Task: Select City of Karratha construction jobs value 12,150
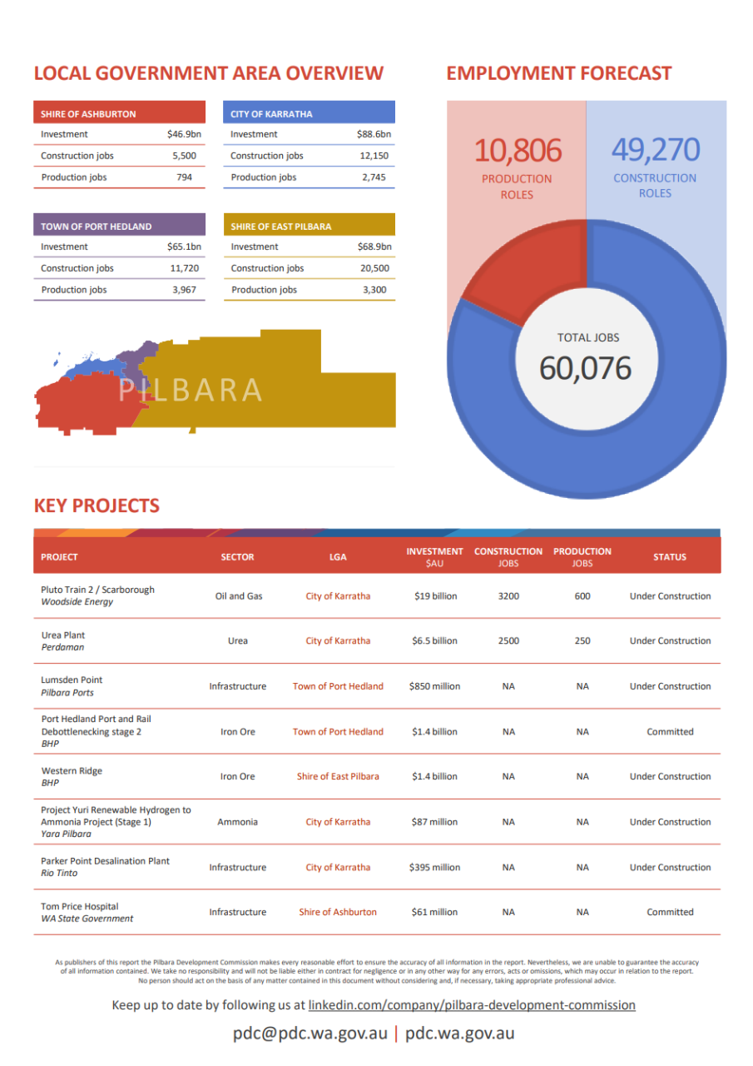coord(374,156)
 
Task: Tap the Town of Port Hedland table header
coord(97,227)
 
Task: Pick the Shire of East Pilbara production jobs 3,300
coord(374,290)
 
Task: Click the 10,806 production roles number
coord(518,151)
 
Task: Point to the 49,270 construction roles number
coord(655,150)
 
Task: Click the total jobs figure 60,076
coord(585,368)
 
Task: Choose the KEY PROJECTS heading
coord(97,506)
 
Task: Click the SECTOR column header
coord(237,557)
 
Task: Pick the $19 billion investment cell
coord(434,596)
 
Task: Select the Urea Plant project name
coord(63,635)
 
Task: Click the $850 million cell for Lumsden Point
coord(434,686)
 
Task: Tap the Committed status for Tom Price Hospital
coord(670,912)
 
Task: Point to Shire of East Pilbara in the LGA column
coord(338,776)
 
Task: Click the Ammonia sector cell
coord(237,822)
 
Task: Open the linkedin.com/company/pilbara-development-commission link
coord(472,1005)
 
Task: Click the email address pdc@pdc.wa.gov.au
coord(310,1034)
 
